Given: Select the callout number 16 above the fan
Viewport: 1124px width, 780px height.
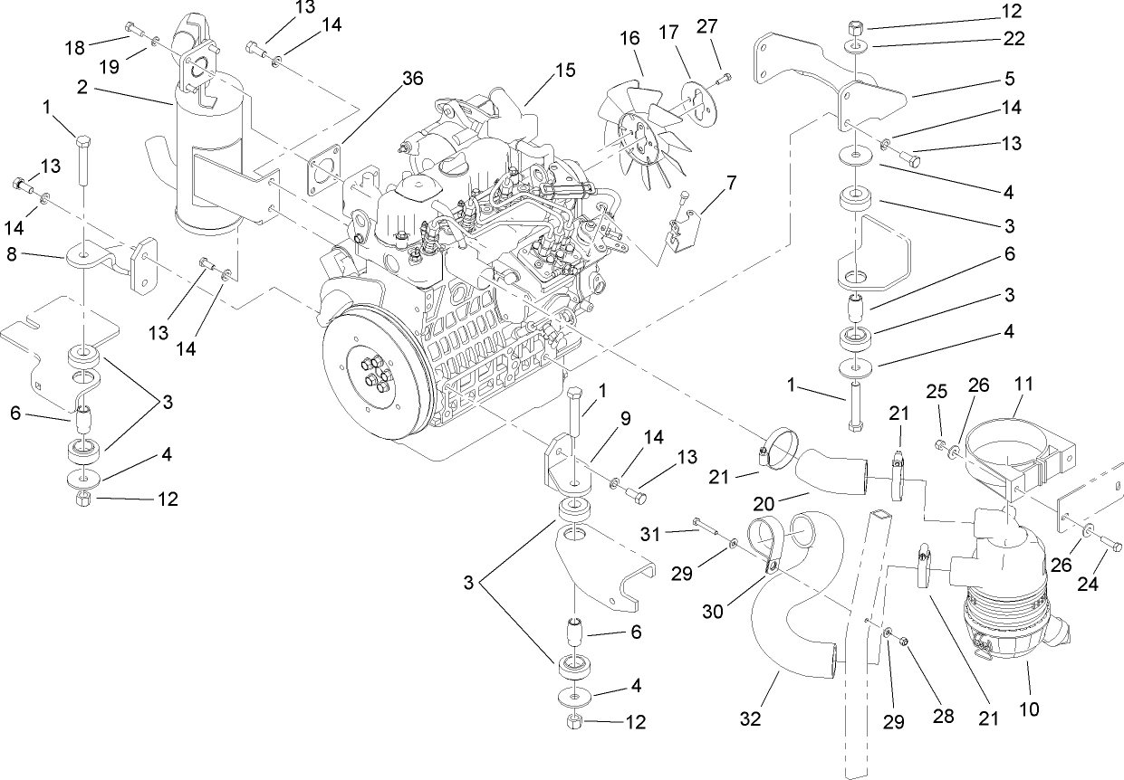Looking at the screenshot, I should (630, 39).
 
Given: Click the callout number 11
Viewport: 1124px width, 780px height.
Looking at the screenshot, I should (1023, 385).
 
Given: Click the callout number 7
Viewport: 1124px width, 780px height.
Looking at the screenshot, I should (731, 183).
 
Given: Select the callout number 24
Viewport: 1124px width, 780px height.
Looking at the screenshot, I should (1088, 585).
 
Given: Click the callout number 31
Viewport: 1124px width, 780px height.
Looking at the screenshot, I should (677, 531).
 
